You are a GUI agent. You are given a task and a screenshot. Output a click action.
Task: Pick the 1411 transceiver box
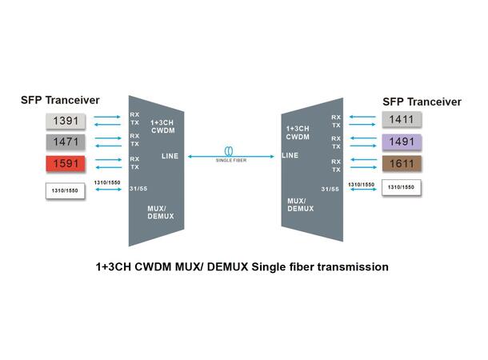[401, 120]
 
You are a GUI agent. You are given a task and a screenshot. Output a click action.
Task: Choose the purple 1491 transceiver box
[401, 142]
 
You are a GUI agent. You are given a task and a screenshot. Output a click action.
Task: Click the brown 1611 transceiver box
[401, 165]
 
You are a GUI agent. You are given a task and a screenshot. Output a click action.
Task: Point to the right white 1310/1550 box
[402, 188]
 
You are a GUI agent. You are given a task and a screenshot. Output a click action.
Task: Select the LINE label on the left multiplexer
[170, 155]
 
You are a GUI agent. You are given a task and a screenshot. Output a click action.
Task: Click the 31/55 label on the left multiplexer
[138, 189]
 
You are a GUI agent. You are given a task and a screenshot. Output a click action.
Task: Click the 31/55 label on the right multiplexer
[329, 189]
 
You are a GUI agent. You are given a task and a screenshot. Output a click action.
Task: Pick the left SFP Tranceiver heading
[61, 100]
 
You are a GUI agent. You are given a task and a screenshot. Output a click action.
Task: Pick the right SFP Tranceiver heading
[422, 102]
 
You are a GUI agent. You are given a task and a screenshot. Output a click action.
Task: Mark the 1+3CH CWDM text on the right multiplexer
[298, 132]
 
